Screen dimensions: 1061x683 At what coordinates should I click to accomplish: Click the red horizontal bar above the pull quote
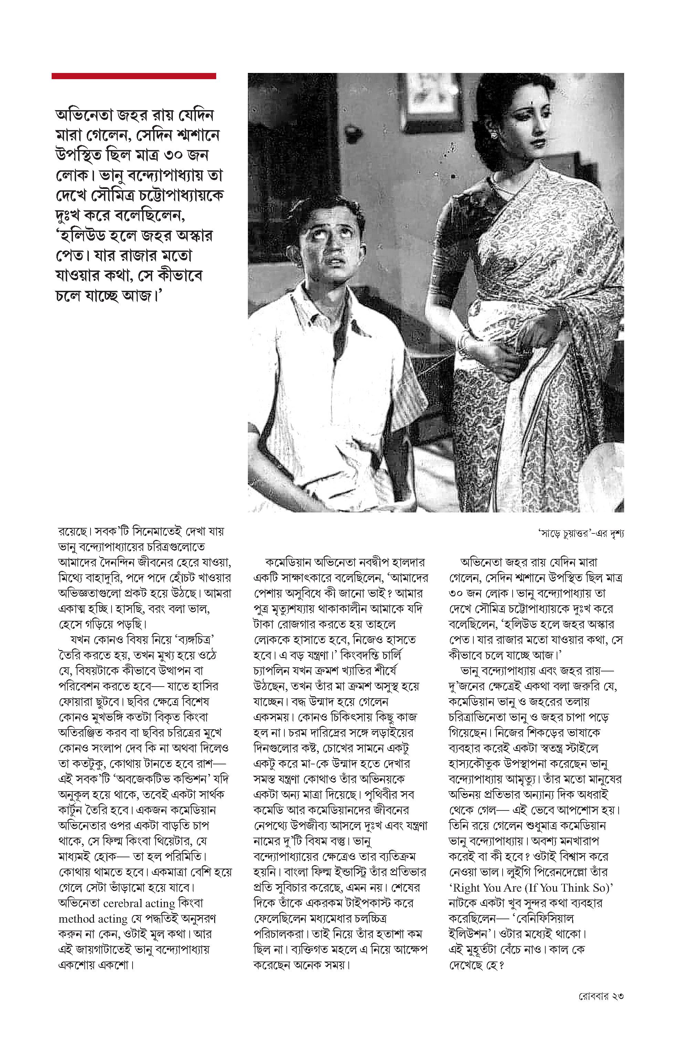[134, 76]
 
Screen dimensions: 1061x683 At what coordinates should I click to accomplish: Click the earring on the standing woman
[493, 133]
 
